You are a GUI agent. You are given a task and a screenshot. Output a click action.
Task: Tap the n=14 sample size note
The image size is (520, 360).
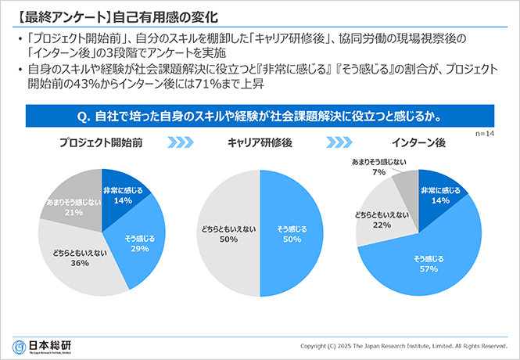click(x=486, y=134)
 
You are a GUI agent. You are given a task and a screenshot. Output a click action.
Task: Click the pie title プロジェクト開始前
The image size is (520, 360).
click(x=102, y=143)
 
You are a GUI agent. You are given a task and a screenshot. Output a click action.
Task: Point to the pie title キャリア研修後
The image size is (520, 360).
click(x=259, y=143)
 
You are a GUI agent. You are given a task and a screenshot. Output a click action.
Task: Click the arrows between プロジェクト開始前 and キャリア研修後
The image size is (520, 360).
click(x=181, y=143)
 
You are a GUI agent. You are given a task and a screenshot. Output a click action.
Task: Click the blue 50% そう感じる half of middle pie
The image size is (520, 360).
click(x=292, y=233)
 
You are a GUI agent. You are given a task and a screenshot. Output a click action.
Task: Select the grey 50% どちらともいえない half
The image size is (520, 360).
click(x=228, y=233)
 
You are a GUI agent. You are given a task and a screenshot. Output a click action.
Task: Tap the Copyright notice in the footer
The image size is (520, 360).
click(x=404, y=346)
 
